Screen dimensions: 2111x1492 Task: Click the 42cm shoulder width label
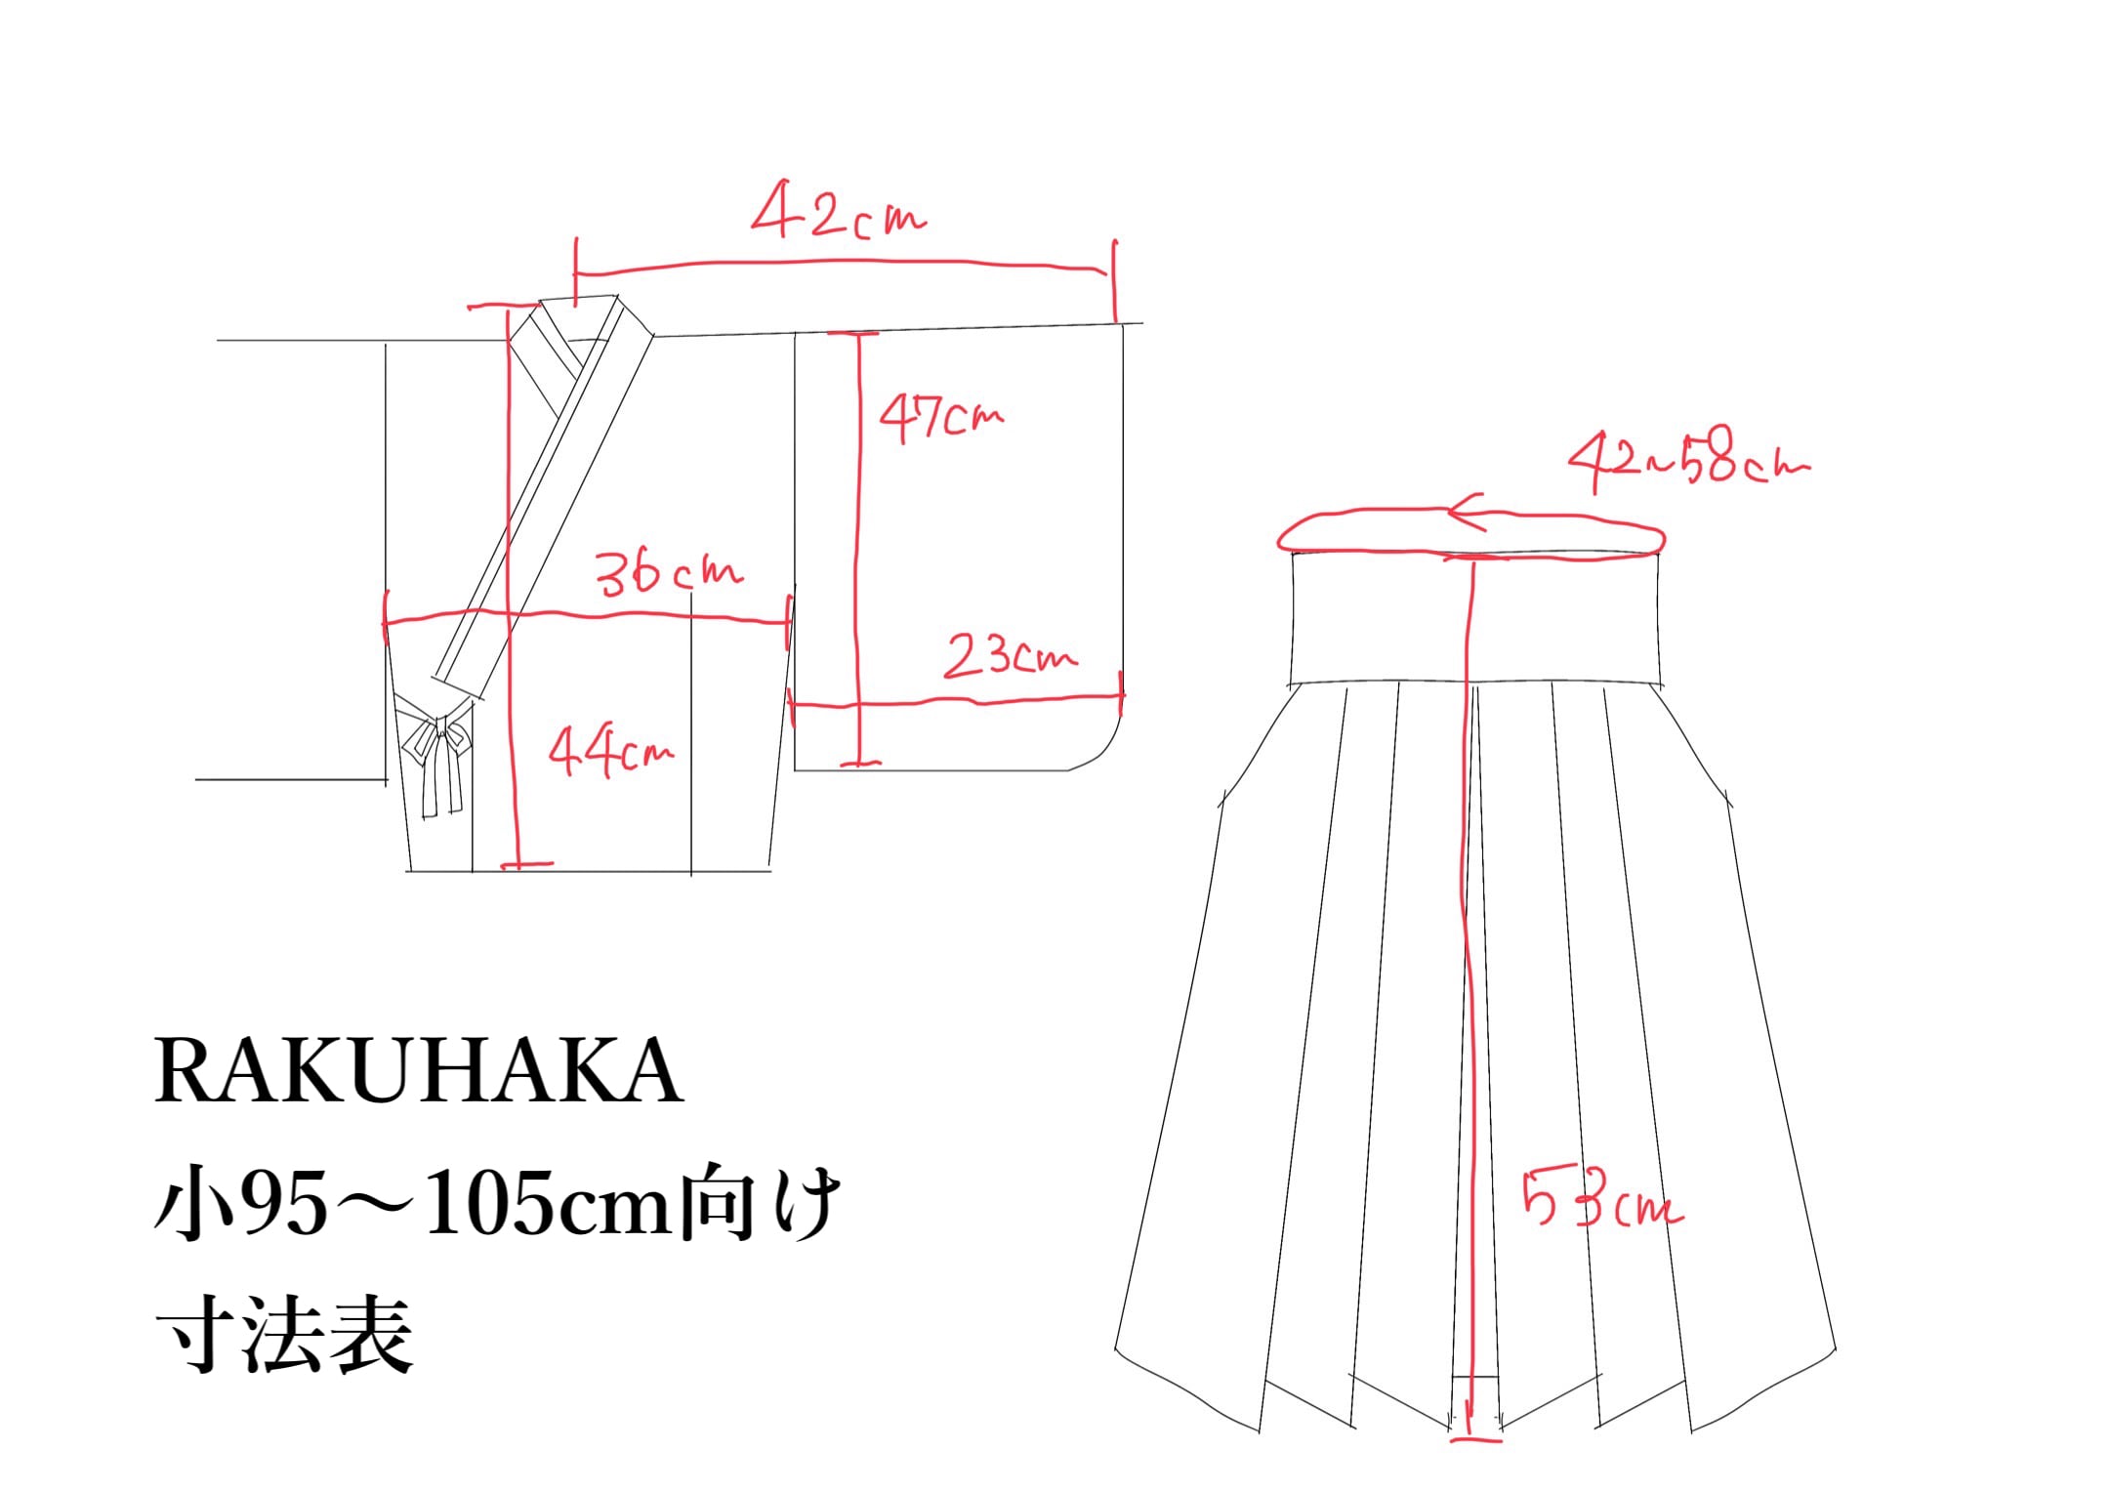(x=838, y=210)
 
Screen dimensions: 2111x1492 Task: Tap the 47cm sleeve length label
(x=940, y=418)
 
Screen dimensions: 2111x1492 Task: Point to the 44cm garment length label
(x=610, y=752)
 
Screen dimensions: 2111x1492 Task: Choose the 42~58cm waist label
(x=1688, y=459)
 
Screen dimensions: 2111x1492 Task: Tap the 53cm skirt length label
(x=1602, y=1198)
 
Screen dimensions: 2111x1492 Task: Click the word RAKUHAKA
(x=418, y=1071)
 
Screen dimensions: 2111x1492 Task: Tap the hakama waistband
(x=1474, y=617)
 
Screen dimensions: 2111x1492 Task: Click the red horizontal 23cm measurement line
(x=956, y=700)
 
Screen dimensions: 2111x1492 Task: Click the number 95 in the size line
(x=283, y=1205)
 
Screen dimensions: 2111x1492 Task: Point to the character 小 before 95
(x=195, y=1203)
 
